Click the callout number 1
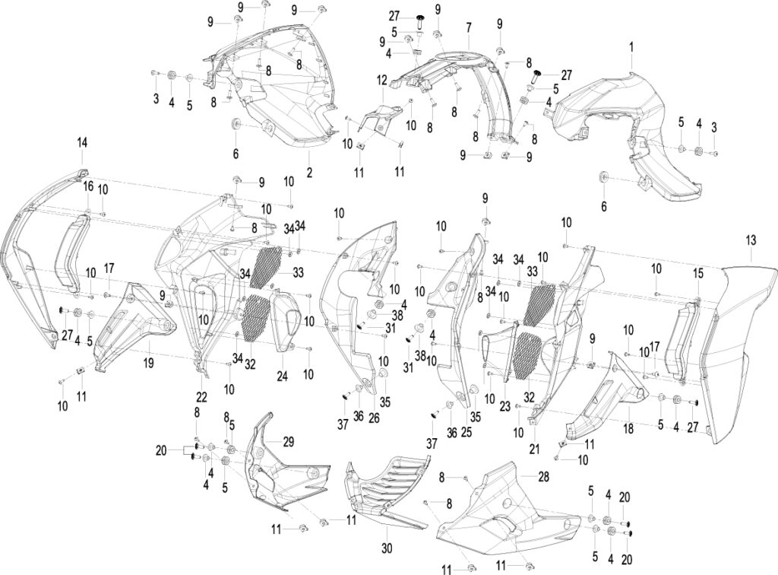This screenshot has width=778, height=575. click(x=631, y=48)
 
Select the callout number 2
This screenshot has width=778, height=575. click(x=309, y=173)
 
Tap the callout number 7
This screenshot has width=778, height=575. click(x=468, y=29)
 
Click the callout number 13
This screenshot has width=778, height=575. click(x=751, y=240)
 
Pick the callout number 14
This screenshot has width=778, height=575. click(x=82, y=143)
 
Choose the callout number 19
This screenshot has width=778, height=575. click(x=148, y=363)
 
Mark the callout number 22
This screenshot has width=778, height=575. click(x=201, y=397)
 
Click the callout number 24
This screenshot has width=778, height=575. click(x=282, y=376)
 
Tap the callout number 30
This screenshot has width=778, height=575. click(x=387, y=548)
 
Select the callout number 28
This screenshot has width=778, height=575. click(x=544, y=477)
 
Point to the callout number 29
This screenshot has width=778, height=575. click(x=288, y=441)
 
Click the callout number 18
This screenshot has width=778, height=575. click(x=628, y=428)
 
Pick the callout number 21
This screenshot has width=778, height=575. click(x=534, y=449)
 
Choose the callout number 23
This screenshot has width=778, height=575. click(x=504, y=406)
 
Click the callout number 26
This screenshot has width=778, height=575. click(x=374, y=418)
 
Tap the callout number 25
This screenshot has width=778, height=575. click(x=466, y=433)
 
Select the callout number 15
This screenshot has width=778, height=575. click(x=698, y=273)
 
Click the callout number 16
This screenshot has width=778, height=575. click(x=87, y=186)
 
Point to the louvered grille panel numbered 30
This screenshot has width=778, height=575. click(x=387, y=491)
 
